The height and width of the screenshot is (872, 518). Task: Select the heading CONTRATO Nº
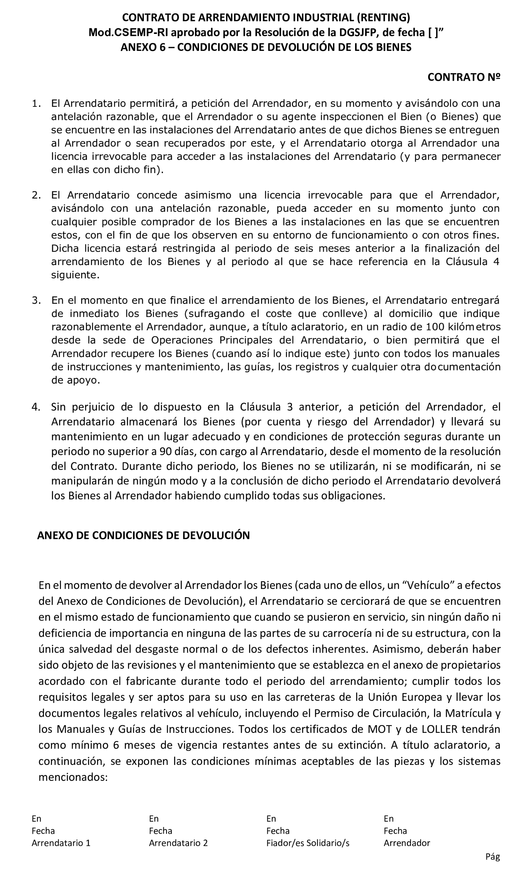464,77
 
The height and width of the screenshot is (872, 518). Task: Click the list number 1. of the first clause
36,103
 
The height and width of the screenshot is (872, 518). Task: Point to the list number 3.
36,300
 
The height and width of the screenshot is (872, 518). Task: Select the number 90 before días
166,451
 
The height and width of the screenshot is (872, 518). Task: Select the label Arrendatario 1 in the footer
61,843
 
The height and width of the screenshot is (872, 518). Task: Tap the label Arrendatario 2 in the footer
178,843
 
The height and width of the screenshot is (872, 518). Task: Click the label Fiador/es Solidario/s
308,843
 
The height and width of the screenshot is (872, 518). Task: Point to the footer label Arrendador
407,843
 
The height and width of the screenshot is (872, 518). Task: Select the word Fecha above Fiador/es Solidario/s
278,831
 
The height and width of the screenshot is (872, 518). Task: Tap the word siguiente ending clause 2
75,275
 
